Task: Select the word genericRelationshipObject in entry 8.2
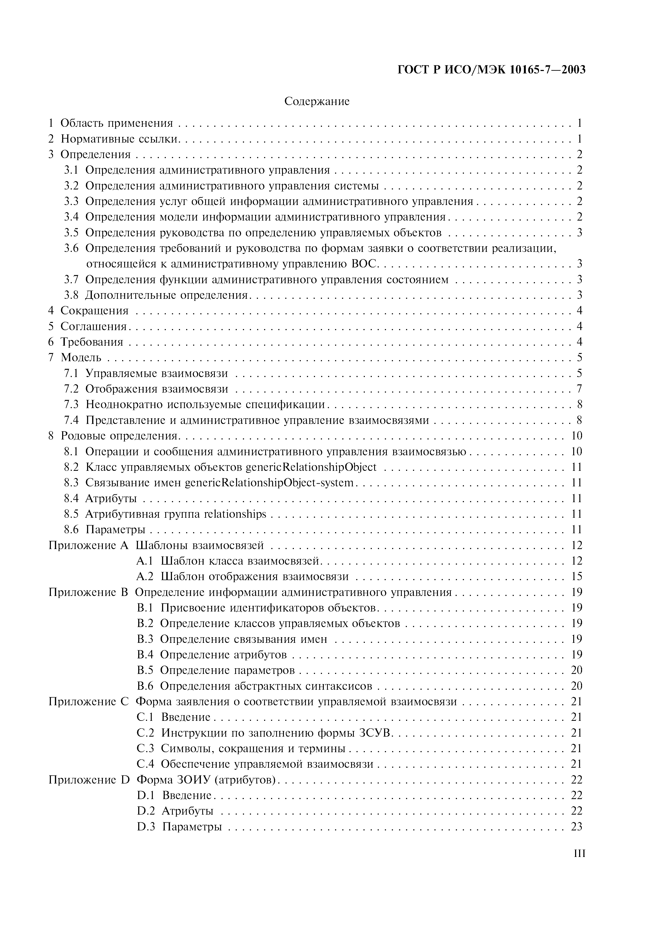311,467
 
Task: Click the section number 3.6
71,248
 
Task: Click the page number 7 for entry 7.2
579,389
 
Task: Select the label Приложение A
88,545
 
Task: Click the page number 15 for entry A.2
576,576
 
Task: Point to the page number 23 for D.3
576,826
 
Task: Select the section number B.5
145,670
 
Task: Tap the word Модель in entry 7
81,357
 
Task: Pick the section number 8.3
71,483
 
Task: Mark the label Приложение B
88,592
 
